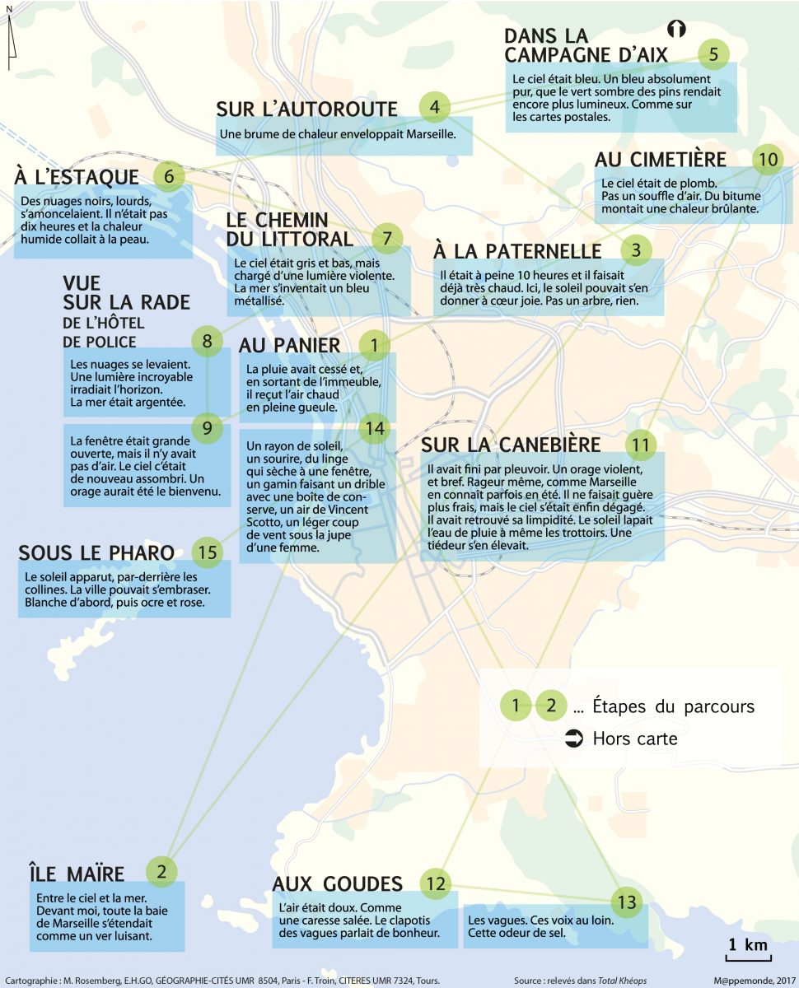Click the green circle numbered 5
click(x=713, y=54)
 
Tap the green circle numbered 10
click(x=768, y=160)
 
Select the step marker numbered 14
click(x=375, y=428)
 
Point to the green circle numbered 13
click(x=628, y=902)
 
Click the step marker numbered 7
click(x=386, y=238)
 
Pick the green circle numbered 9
click(x=208, y=427)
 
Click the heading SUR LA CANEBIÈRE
click(x=511, y=445)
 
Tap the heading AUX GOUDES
click(x=337, y=884)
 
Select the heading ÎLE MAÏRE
click(x=76, y=874)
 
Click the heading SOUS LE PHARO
click(x=96, y=552)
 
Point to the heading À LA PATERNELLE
click(x=517, y=250)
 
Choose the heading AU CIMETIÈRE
click(x=660, y=160)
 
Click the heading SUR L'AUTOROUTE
click(x=306, y=109)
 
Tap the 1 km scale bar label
click(x=746, y=945)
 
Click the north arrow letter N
click(x=8, y=9)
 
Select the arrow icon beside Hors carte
click(x=574, y=738)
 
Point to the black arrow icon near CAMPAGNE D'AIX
click(x=676, y=29)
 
